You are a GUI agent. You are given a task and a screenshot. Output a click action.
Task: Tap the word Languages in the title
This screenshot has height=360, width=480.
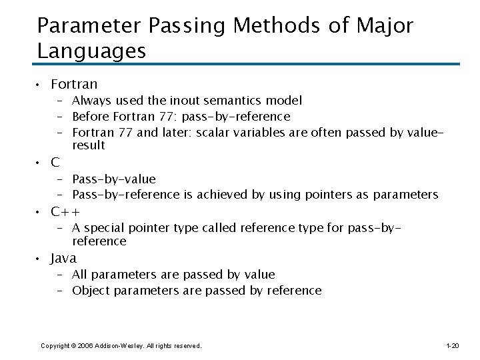coord(92,51)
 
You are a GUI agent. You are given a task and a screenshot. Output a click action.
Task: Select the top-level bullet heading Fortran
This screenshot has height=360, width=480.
coord(74,84)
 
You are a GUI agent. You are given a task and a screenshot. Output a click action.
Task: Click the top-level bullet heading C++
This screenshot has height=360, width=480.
coord(70,211)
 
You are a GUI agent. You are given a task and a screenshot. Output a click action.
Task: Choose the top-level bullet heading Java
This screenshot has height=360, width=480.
coord(64,258)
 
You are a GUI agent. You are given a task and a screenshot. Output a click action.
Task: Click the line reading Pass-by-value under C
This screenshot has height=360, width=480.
coord(114,179)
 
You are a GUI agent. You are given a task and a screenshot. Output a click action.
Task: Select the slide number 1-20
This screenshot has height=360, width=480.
coord(452,345)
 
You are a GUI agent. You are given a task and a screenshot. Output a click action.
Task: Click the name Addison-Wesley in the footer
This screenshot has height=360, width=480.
coord(119,345)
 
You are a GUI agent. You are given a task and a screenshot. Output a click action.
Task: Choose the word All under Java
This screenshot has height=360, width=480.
coord(79,274)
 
